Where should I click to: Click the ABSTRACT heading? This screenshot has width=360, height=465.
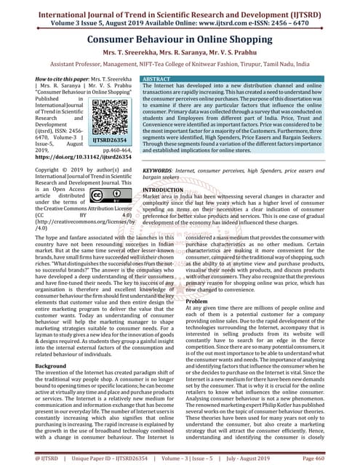[158, 76]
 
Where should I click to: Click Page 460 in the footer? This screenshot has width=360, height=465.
[337, 458]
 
